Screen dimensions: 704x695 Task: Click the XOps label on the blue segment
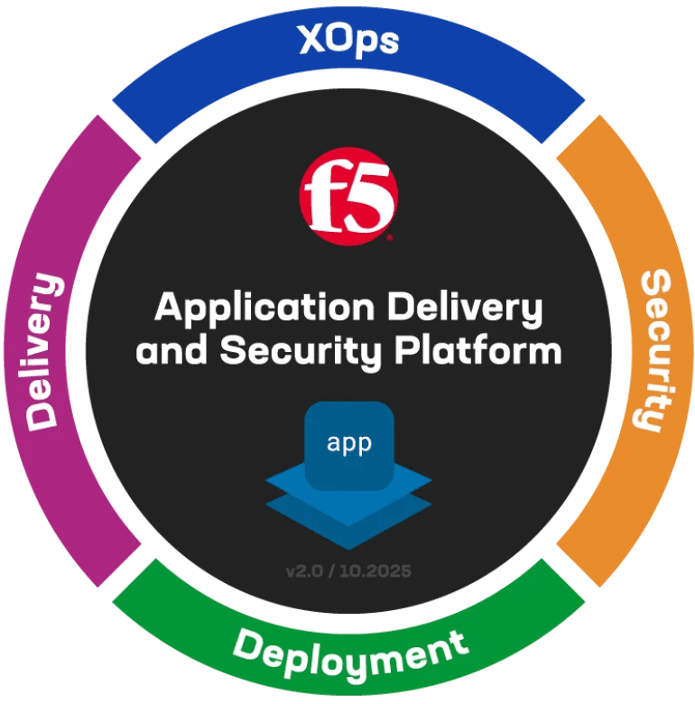[347, 41]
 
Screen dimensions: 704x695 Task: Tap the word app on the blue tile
[348, 445]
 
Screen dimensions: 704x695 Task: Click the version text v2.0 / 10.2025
[349, 571]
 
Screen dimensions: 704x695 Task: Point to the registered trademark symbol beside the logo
[390, 239]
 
